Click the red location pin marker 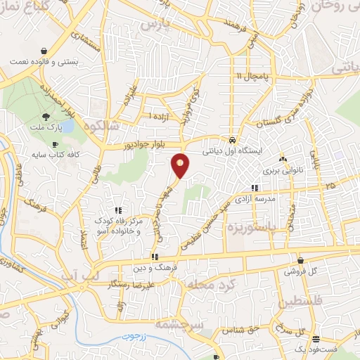pyautogui.click(x=181, y=165)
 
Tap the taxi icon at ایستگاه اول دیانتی pyautogui.click(x=232, y=139)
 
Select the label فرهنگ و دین pyautogui.click(x=155, y=268)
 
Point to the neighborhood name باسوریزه pyautogui.click(x=257, y=228)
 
